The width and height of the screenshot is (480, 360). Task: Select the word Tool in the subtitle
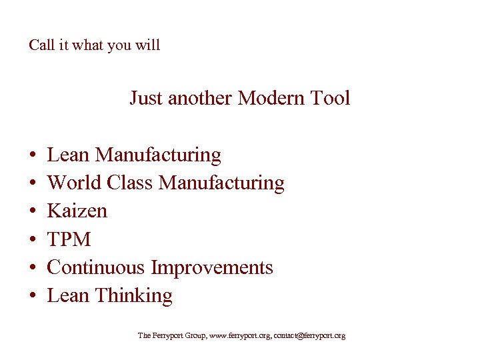click(x=330, y=98)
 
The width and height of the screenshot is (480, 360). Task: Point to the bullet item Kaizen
click(x=77, y=211)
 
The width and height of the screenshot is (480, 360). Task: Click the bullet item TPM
click(x=69, y=239)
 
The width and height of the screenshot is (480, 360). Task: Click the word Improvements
click(x=212, y=267)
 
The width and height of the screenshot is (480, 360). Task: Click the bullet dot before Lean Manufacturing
click(x=33, y=155)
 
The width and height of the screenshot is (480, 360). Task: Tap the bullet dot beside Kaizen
click(x=33, y=211)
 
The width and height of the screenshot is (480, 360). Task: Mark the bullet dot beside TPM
click(x=33, y=239)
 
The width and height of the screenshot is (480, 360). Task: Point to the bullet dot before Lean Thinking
click(x=33, y=296)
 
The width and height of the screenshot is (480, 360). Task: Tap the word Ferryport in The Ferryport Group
click(x=168, y=336)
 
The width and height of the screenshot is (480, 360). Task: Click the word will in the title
click(x=149, y=45)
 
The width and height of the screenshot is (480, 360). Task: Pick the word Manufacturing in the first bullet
click(x=158, y=155)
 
